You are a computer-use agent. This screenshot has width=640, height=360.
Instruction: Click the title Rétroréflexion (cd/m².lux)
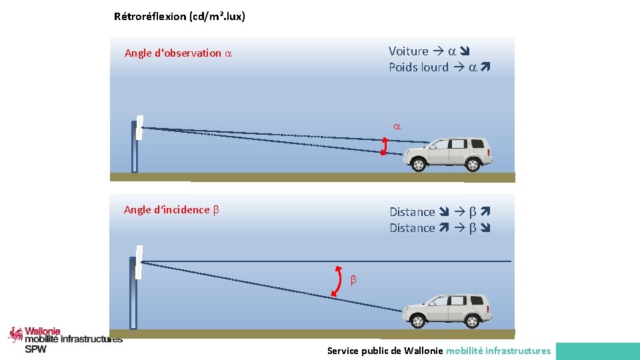pos(179,17)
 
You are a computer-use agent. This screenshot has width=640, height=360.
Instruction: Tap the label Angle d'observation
pos(173,53)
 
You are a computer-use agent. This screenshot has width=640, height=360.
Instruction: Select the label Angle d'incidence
pos(167,210)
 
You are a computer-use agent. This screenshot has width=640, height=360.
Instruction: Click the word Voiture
pos(408,51)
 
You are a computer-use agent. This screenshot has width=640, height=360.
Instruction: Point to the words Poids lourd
pos(419,67)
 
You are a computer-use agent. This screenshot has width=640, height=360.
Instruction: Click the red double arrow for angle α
pos(384,147)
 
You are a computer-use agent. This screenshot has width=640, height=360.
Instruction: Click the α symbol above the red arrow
pos(397,126)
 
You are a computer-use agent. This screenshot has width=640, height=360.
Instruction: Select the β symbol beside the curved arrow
pos(353,280)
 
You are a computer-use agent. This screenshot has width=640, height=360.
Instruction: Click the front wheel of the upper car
pos(418,164)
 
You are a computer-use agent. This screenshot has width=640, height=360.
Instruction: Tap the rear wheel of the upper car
pos(473,164)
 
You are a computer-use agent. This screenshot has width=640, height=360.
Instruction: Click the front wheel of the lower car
pos(418,321)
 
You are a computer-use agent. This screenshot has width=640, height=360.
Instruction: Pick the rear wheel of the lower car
pos(473,321)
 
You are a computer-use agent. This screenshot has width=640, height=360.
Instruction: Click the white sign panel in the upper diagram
pos(139,128)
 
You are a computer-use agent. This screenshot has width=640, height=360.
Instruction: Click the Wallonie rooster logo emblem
pos(16,334)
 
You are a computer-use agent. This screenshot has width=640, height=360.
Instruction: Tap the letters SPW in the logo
pos(36,349)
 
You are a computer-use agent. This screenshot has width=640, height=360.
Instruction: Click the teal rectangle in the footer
pos(597,351)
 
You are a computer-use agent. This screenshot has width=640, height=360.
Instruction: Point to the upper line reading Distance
pos(412,212)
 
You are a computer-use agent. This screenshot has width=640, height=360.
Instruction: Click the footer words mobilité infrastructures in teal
pos(498,351)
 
